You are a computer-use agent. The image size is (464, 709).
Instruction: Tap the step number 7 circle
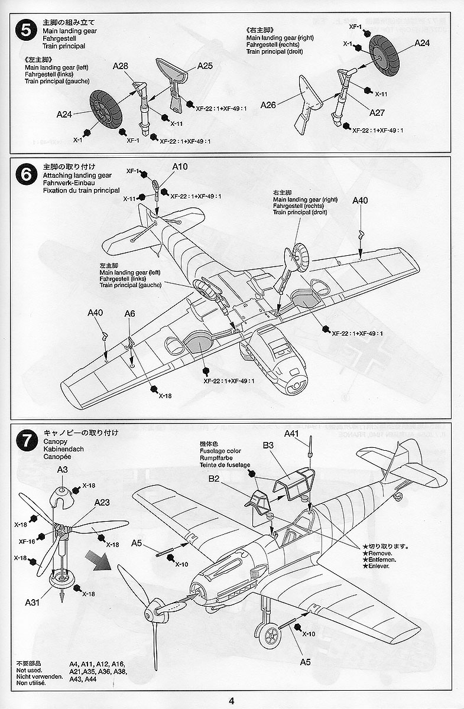coord(25,440)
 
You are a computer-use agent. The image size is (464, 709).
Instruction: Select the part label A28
coord(120,67)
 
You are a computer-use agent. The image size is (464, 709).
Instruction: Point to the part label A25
coord(204,66)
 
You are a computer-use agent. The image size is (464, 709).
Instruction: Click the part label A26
coord(268,105)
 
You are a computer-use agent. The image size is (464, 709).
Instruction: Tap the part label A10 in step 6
coord(180,167)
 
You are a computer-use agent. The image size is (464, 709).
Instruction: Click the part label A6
coord(130,314)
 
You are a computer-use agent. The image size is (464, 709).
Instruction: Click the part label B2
coord(213,479)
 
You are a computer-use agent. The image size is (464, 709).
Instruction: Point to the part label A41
coord(292,433)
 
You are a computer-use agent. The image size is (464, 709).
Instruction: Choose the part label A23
coord(102,502)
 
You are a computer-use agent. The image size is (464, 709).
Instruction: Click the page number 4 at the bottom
coord(232,701)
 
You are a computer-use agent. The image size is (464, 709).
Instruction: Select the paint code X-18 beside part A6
coord(164,396)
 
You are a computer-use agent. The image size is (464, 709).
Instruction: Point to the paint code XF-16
coord(27,540)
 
